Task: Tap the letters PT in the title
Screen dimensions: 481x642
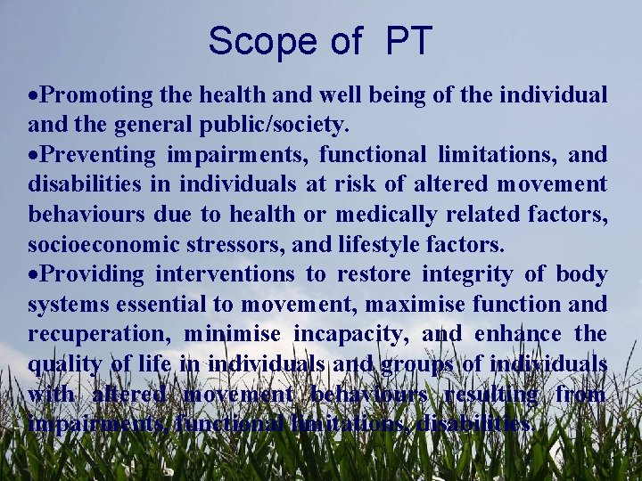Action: pyautogui.click(x=409, y=40)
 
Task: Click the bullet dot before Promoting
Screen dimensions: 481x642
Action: pyautogui.click(x=34, y=94)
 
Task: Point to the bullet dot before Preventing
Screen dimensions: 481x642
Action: pyautogui.click(x=34, y=155)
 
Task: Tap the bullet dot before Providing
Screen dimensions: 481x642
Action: pyautogui.click(x=34, y=274)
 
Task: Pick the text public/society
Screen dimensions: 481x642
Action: pyautogui.click(x=280, y=124)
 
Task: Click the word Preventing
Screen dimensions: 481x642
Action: pyautogui.click(x=99, y=154)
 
